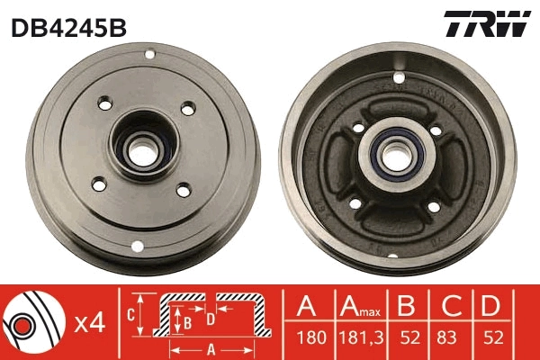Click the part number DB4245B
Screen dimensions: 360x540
click(68, 28)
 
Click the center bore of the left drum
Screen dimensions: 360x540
click(140, 148)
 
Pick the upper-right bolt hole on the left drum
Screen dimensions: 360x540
click(187, 108)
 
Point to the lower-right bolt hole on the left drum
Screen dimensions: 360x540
click(183, 189)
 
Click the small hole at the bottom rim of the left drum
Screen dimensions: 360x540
click(137, 246)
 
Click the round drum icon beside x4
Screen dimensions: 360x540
click(31, 322)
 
